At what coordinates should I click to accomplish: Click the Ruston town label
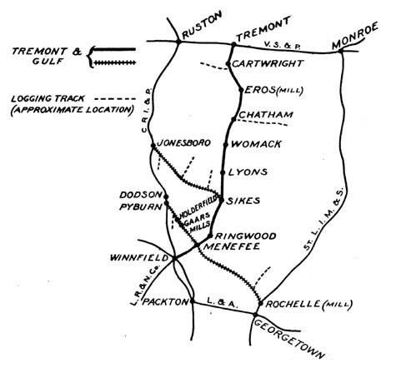202,25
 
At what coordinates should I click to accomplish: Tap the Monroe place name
355,36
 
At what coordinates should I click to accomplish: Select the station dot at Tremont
233,44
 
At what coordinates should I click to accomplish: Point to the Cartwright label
267,63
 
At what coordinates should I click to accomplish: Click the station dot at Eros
241,90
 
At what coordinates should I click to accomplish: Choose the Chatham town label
266,115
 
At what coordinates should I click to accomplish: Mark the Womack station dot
226,145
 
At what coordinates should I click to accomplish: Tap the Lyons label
248,172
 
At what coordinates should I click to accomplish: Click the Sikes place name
243,201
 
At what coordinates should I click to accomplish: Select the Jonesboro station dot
153,146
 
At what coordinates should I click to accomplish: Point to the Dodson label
141,195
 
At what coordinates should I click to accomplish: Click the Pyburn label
141,207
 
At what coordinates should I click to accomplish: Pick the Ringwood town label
246,236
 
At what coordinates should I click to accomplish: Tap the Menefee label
232,246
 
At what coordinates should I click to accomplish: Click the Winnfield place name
139,258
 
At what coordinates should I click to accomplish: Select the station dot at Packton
193,301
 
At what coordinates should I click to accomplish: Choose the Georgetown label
289,339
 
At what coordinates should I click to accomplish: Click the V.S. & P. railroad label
283,45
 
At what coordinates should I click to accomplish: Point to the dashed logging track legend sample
115,99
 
